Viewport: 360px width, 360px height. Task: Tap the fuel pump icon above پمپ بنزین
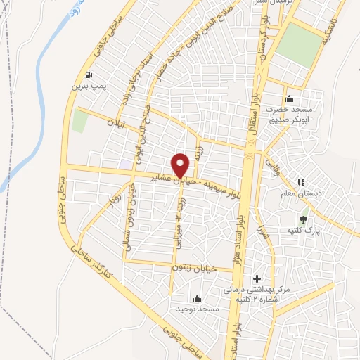tap(87, 75)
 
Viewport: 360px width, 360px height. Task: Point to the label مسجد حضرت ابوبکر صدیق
tap(288, 115)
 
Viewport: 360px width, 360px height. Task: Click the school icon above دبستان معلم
tap(302, 183)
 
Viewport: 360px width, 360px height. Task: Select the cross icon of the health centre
tap(256, 280)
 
